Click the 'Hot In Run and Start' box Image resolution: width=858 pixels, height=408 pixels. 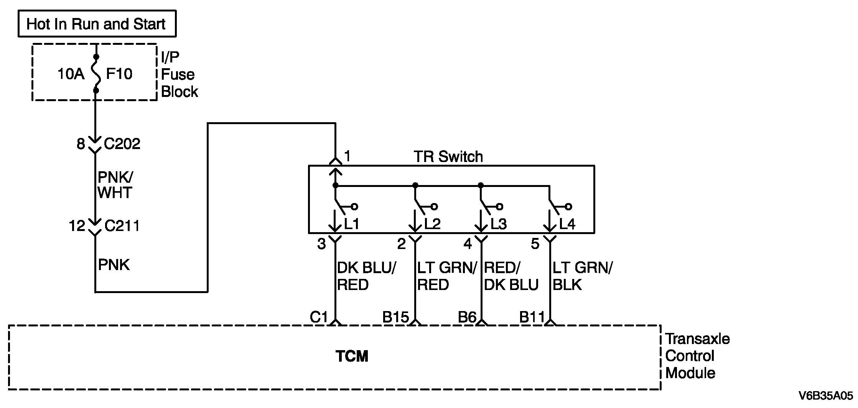point(97,24)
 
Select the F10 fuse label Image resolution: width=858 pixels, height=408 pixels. point(119,74)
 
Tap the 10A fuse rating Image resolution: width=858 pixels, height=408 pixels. point(71,74)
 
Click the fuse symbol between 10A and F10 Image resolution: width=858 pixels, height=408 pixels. point(96,74)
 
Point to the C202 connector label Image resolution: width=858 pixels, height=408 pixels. point(122,144)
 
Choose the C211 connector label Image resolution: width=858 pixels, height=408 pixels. point(122,226)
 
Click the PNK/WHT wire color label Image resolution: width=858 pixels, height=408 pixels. point(115,185)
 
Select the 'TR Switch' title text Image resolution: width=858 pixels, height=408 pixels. point(448,156)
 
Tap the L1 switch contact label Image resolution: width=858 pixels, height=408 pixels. point(352,224)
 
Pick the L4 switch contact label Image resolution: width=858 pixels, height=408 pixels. point(567,224)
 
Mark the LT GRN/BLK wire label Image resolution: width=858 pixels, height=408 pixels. point(583,276)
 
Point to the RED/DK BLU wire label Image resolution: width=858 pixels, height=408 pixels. point(511,276)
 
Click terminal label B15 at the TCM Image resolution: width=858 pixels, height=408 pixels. point(395,317)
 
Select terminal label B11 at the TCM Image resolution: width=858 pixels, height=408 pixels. point(532,317)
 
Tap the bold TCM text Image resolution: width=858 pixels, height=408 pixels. point(352,356)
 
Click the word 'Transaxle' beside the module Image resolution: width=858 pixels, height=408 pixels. point(698,339)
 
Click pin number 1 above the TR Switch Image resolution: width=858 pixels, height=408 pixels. point(347,156)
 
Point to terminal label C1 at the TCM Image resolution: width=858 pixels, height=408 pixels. point(319,317)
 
